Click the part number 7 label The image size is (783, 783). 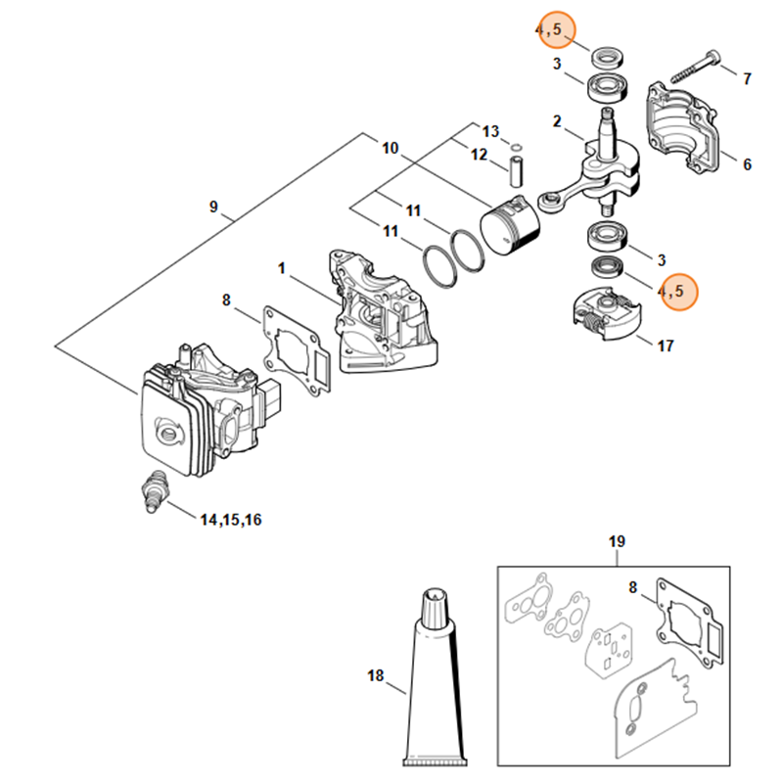pos(747,77)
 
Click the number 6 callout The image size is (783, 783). pos(747,164)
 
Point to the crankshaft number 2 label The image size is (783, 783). pos(556,122)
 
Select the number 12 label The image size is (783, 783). pos(479,155)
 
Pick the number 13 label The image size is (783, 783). pos(491,131)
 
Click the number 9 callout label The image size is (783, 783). pos(213,207)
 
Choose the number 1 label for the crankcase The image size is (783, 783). pos(282,267)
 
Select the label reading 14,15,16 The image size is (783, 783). pos(231,520)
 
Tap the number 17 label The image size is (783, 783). pos(665,345)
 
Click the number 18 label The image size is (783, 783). pos(377,675)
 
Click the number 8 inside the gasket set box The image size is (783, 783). pos(632,587)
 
